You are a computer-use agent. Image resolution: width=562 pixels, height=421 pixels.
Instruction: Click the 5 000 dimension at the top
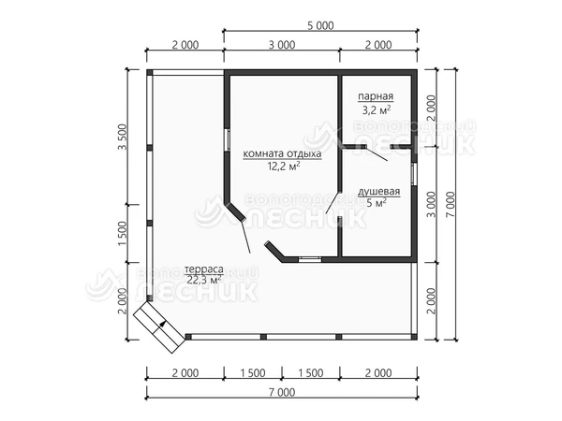click(x=320, y=26)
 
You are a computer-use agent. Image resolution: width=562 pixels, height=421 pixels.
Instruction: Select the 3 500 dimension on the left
click(x=123, y=138)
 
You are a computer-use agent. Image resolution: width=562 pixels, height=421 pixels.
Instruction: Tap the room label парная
click(x=376, y=96)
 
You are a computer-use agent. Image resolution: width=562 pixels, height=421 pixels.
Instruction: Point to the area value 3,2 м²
click(x=376, y=109)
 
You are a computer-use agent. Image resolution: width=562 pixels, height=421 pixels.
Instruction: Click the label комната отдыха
click(x=282, y=154)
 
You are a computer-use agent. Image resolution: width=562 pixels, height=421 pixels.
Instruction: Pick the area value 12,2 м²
click(x=284, y=167)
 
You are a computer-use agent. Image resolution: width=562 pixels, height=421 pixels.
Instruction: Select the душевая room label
click(x=379, y=192)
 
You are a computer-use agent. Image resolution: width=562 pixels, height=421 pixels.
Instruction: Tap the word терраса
click(x=204, y=269)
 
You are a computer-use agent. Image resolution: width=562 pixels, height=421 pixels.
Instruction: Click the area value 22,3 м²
click(x=203, y=280)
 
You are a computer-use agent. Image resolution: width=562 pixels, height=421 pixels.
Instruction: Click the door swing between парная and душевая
click(x=376, y=153)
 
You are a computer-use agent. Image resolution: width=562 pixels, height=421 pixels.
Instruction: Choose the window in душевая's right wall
click(x=414, y=174)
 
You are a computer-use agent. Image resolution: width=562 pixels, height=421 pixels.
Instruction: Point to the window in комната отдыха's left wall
click(x=227, y=139)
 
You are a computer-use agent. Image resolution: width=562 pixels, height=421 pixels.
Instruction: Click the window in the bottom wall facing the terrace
click(x=310, y=259)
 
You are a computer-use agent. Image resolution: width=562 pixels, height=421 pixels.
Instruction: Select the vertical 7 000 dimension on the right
click(x=451, y=204)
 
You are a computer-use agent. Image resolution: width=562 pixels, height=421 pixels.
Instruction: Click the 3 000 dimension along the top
click(x=282, y=45)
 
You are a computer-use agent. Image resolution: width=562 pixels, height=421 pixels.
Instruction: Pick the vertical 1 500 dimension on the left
click(x=123, y=233)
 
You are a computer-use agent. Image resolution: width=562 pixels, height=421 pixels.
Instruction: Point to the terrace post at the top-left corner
click(x=150, y=72)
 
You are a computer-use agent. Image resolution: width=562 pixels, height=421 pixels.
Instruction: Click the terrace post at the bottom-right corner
click(x=414, y=337)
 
